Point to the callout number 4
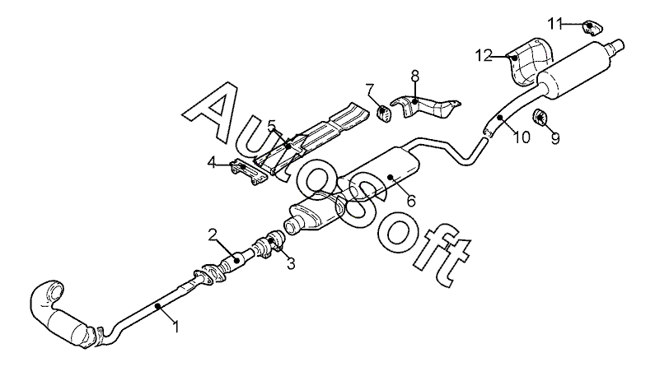coord(212,163)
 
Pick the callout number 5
coord(271,125)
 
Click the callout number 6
coord(410,199)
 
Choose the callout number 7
coord(370,88)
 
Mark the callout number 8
coord(415,76)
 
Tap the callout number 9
coord(554,139)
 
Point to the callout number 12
coord(484,55)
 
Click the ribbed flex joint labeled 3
coord(269,244)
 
